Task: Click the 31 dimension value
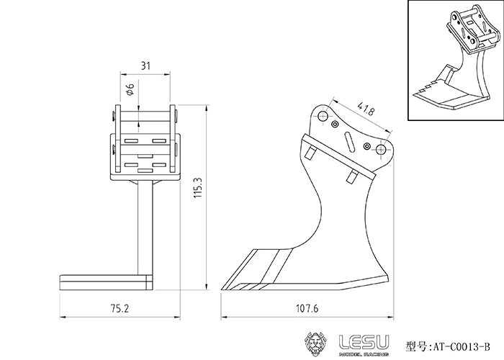(145, 66)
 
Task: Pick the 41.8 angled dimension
(365, 112)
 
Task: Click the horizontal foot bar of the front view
(105, 280)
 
